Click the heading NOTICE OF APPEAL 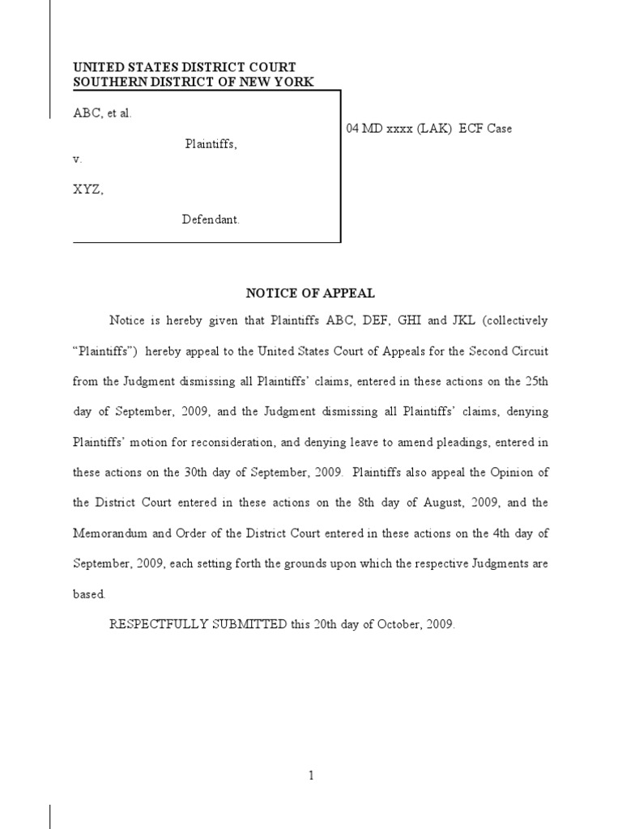310,294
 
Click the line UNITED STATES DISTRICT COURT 185,67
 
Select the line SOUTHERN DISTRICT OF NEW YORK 193,82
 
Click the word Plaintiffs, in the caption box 211,144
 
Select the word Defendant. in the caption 211,220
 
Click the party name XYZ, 88,190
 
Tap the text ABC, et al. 102,113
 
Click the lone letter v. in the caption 78,159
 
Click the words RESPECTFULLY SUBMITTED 198,624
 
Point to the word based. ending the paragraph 89,593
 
